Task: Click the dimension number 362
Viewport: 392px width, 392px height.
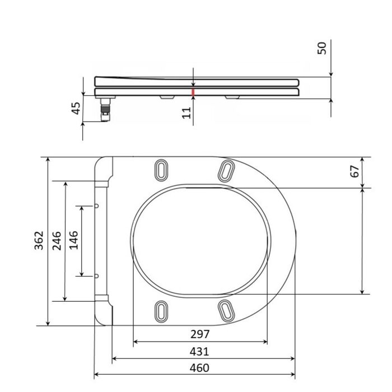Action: (x=39, y=240)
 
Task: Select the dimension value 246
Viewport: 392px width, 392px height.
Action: (x=57, y=241)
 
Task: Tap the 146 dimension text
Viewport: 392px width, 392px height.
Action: (x=74, y=240)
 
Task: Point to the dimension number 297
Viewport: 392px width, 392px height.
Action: (x=200, y=334)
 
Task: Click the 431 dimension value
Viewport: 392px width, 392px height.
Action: (x=199, y=352)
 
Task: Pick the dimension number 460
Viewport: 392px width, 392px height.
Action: (x=199, y=368)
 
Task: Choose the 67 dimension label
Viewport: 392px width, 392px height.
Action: (x=354, y=171)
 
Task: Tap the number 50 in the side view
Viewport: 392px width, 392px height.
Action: (x=322, y=48)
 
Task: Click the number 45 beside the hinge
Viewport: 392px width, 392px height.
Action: (x=76, y=108)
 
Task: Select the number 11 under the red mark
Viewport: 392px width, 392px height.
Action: (x=186, y=113)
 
